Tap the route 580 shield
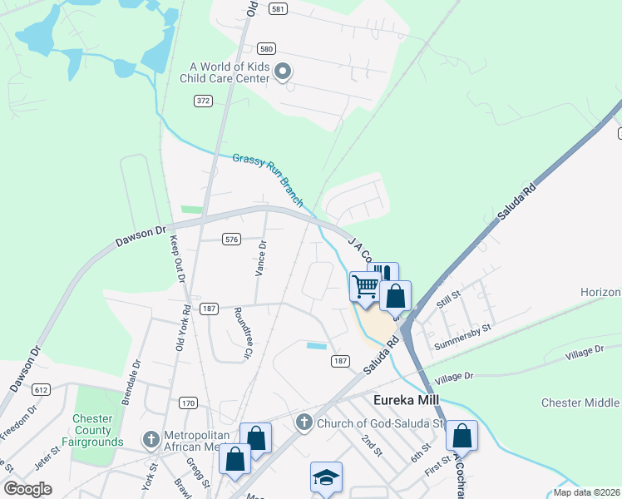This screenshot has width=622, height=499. (266, 48)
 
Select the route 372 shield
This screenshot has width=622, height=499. (203, 101)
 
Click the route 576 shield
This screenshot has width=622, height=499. (232, 240)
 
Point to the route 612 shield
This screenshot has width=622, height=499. (42, 389)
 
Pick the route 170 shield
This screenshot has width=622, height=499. (188, 403)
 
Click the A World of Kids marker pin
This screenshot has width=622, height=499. (283, 72)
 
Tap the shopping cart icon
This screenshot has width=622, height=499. (365, 287)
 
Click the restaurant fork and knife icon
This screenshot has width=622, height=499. (383, 274)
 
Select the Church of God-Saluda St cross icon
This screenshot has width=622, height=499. (304, 423)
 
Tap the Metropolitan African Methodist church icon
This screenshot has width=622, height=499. (151, 438)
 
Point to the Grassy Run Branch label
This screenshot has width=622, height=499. (268, 180)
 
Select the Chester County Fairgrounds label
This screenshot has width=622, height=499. (91, 430)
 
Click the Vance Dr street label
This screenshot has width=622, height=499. (260, 259)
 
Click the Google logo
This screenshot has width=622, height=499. (28, 489)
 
